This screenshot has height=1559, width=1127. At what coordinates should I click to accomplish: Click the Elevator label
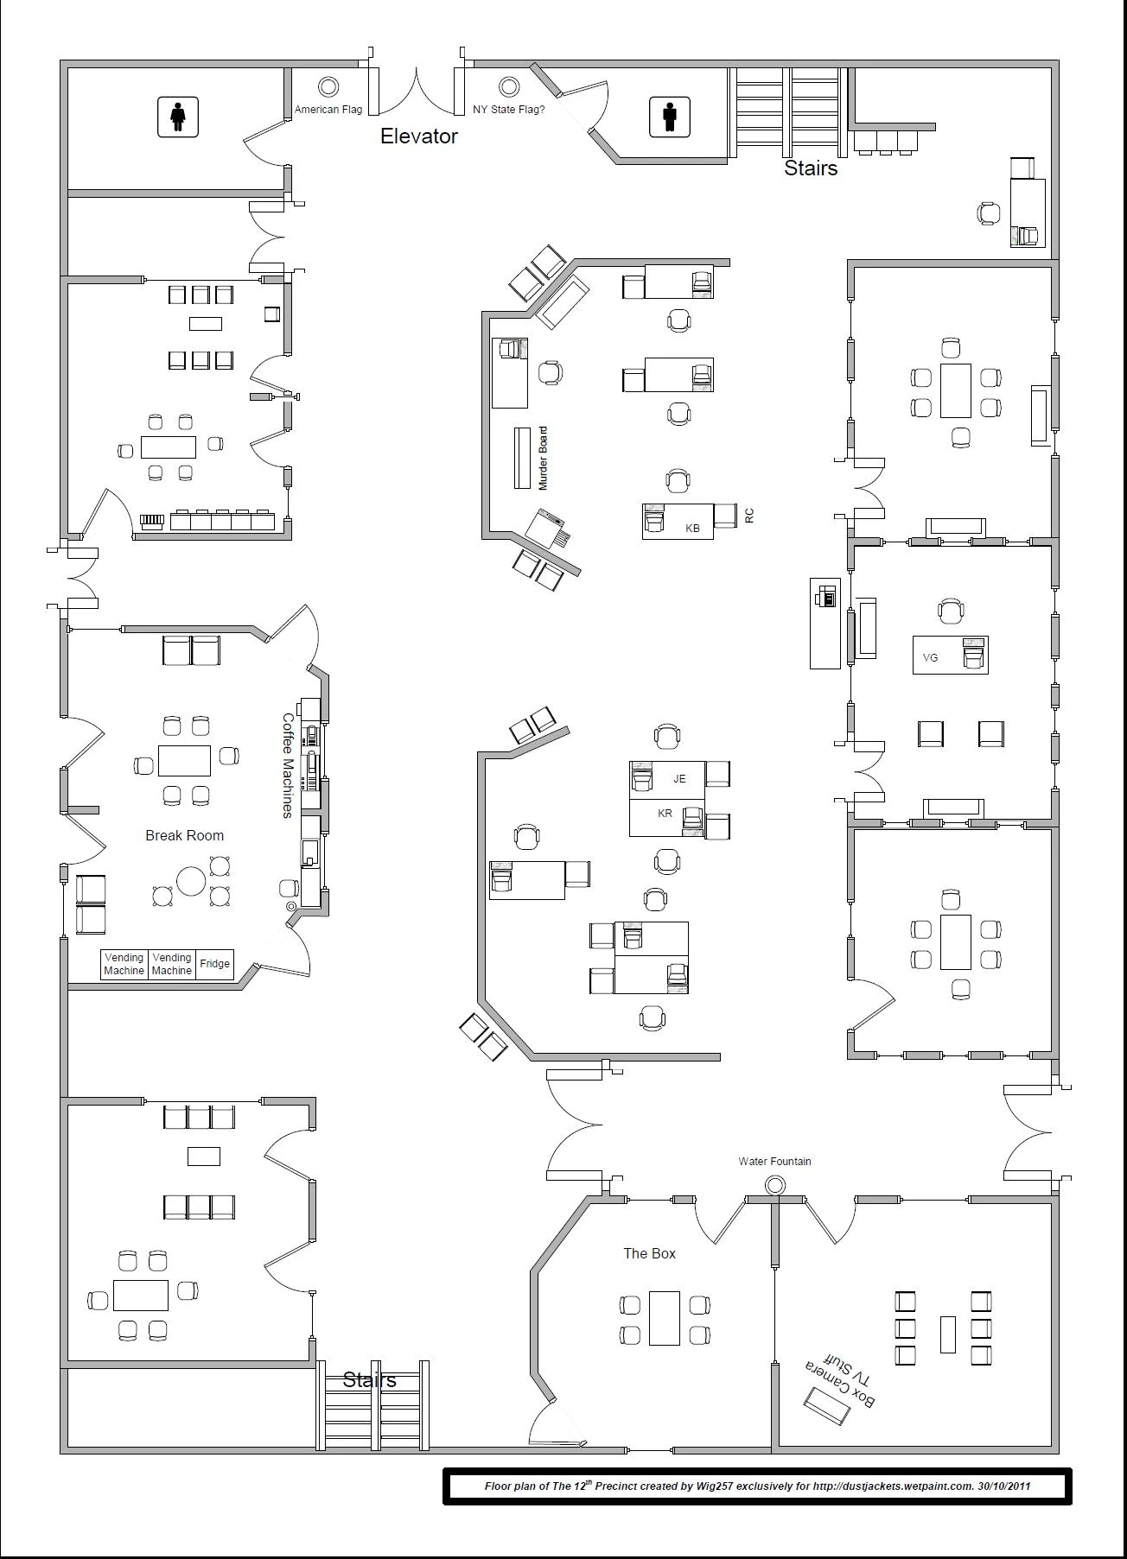pyautogui.click(x=419, y=136)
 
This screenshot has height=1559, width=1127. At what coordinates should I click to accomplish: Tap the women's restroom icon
pyautogui.click(x=178, y=117)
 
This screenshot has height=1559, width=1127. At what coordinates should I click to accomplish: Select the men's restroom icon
pyautogui.click(x=670, y=117)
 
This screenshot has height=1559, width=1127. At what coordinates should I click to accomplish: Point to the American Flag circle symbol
pyautogui.click(x=328, y=86)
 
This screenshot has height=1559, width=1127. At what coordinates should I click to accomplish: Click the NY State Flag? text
pyautogui.click(x=509, y=110)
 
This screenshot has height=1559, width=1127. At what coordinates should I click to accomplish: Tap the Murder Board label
pyautogui.click(x=543, y=459)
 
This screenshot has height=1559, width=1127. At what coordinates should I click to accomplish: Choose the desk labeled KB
pyautogui.click(x=678, y=522)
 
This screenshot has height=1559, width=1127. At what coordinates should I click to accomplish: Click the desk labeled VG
pyautogui.click(x=951, y=655)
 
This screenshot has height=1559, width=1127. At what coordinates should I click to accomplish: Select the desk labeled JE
pyautogui.click(x=667, y=780)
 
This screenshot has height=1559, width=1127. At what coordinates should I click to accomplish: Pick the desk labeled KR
pyautogui.click(x=667, y=818)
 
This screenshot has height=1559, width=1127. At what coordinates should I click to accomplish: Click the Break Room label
pyautogui.click(x=184, y=835)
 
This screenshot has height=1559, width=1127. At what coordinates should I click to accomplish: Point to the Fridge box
pyautogui.click(x=215, y=964)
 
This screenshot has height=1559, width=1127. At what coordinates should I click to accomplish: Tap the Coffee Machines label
pyautogui.click(x=288, y=765)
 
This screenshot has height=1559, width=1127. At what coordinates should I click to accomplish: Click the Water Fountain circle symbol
pyautogui.click(x=775, y=1184)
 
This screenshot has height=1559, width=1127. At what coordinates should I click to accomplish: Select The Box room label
pyautogui.click(x=649, y=1253)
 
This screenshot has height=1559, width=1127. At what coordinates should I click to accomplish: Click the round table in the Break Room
pyautogui.click(x=191, y=881)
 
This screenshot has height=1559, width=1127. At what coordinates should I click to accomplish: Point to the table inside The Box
pyautogui.click(x=665, y=1318)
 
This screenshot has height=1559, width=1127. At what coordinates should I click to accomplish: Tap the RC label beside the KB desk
pyautogui.click(x=749, y=515)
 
